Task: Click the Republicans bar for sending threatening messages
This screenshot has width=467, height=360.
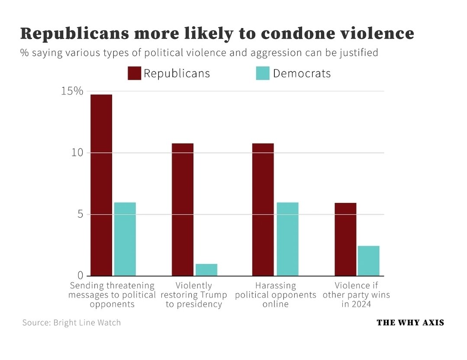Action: (x=101, y=185)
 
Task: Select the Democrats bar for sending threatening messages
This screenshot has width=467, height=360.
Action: (x=125, y=239)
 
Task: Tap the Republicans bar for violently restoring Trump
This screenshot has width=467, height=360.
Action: (x=182, y=209)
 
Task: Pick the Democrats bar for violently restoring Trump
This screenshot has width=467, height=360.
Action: (x=206, y=270)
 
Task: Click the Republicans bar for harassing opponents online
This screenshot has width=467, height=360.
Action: (x=263, y=209)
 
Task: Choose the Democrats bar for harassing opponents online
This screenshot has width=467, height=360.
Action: (x=287, y=239)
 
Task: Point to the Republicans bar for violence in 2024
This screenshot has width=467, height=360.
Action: (x=345, y=239)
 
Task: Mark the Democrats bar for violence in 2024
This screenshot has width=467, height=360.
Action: (x=368, y=260)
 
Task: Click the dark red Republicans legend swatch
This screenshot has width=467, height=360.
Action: (x=134, y=73)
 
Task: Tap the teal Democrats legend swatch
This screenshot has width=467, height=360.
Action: (x=263, y=73)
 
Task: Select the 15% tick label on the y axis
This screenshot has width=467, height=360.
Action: (x=72, y=91)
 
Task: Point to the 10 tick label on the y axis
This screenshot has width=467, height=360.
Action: (x=77, y=153)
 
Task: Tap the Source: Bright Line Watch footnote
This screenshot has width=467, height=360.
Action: (x=71, y=322)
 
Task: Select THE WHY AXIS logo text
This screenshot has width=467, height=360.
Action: (x=410, y=322)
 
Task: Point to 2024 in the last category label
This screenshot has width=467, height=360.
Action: (x=362, y=304)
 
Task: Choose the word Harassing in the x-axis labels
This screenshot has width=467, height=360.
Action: (x=275, y=286)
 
